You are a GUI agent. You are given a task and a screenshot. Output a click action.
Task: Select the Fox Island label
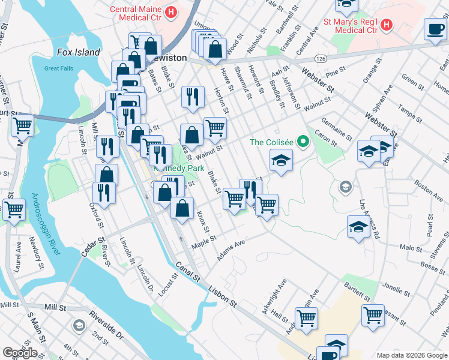[x=78, y=52]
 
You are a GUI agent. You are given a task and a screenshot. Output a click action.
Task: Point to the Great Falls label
[x=59, y=68]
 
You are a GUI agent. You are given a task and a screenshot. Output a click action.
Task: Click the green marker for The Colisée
[x=303, y=142]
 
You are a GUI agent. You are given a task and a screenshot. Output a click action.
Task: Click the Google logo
[x=20, y=352]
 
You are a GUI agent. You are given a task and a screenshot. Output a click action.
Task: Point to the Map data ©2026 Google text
[x=411, y=355]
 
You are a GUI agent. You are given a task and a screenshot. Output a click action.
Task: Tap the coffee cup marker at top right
[x=435, y=28]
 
